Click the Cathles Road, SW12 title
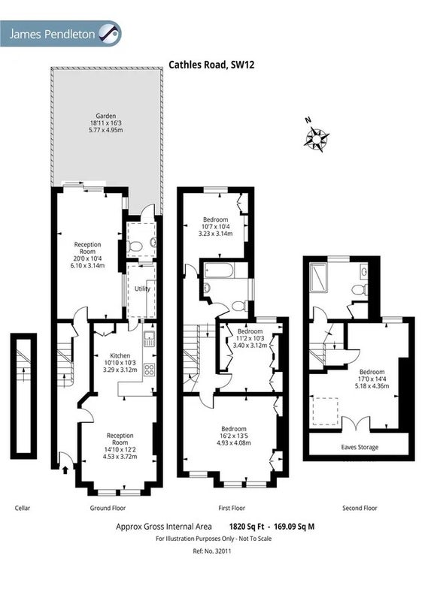[x=211, y=65]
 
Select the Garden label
[x=106, y=116]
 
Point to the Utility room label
[x=142, y=288]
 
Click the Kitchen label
[x=120, y=355]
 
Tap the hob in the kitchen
[x=150, y=370]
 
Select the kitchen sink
[x=149, y=339]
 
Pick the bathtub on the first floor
[x=219, y=270]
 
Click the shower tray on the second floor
[x=318, y=277]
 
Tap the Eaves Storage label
[x=360, y=447]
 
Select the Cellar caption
[x=23, y=509]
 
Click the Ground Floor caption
[x=108, y=509]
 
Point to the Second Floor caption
[x=360, y=509]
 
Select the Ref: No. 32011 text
[x=212, y=551]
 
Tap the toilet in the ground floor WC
[x=134, y=246]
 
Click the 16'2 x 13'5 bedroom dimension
[x=234, y=436]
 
